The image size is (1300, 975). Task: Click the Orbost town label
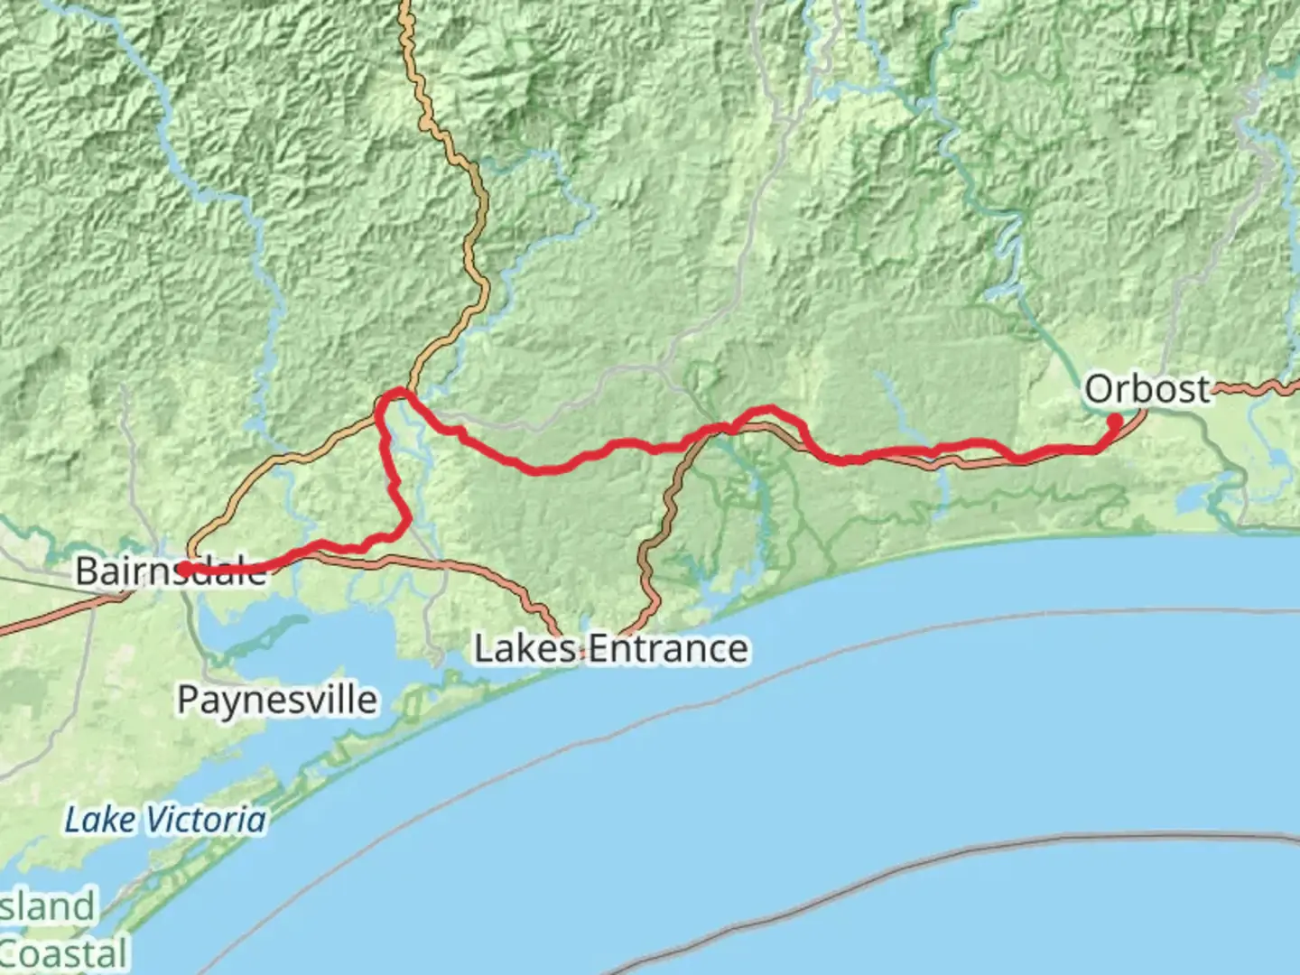point(1147,390)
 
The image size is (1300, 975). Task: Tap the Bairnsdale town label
point(172,571)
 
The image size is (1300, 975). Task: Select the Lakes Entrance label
point(611,648)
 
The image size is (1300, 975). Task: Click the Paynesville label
point(277,700)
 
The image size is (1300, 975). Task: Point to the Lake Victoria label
point(166,820)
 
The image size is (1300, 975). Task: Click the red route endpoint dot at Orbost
point(1115,421)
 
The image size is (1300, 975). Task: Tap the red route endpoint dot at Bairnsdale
point(184,568)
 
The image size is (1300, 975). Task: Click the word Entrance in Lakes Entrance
point(668,648)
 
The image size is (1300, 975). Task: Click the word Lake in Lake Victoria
point(100,820)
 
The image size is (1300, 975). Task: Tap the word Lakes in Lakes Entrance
point(526,648)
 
